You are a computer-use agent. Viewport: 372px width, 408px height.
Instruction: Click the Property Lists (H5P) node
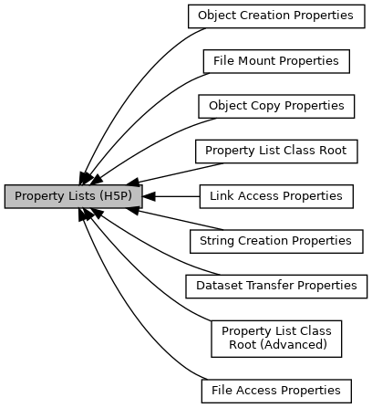(x=72, y=196)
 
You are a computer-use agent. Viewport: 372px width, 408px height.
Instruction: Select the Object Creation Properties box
(x=275, y=16)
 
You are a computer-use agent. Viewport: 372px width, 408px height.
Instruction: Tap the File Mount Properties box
(x=275, y=61)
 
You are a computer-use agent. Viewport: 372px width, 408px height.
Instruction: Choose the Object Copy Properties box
(x=275, y=106)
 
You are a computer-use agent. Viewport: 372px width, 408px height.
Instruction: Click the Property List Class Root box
(x=275, y=151)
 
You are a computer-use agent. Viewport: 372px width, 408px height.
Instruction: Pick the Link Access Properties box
(x=275, y=196)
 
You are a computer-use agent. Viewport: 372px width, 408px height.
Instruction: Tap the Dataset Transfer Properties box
(x=275, y=286)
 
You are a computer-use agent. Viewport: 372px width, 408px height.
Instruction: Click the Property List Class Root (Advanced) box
(x=275, y=338)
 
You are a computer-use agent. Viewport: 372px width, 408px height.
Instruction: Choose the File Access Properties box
(x=275, y=391)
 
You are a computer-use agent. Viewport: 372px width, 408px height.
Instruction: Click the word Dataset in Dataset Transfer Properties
(x=219, y=286)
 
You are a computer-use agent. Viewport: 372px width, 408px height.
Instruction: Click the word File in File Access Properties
(x=221, y=391)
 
